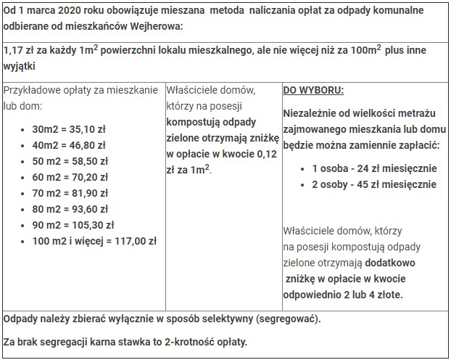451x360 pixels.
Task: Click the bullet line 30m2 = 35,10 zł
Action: coord(65,129)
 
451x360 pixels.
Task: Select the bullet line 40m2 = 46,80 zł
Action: coord(65,145)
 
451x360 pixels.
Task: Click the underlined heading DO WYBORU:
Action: coord(313,91)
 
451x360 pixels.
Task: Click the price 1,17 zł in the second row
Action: coord(20,51)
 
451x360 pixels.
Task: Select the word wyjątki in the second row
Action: coord(21,66)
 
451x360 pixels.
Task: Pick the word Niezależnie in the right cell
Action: coord(311,114)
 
